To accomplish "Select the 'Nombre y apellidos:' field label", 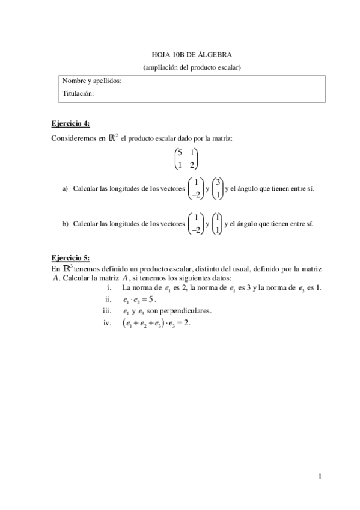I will coord(92,81).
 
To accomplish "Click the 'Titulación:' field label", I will coord(78,93).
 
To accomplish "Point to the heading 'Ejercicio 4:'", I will coord(70,123).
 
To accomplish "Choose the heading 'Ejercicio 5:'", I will coord(70,256).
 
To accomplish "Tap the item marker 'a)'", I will coord(66,189).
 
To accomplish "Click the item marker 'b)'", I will coord(66,224).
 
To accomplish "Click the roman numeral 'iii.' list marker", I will coord(108,311).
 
